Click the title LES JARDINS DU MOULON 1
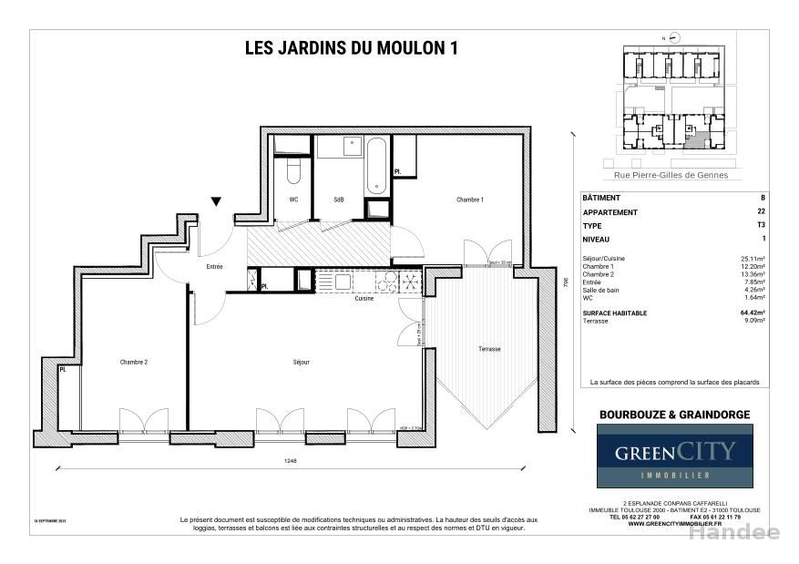click(x=351, y=50)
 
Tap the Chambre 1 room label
click(x=470, y=200)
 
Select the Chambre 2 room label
click(x=133, y=362)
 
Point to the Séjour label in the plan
click(x=302, y=362)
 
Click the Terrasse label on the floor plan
click(x=489, y=349)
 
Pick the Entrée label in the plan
click(x=214, y=267)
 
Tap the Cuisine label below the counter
click(x=364, y=299)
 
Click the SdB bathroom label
click(x=338, y=200)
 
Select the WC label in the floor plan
click(x=293, y=200)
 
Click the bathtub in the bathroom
click(x=376, y=166)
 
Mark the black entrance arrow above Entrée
click(x=215, y=201)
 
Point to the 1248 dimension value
click(x=290, y=461)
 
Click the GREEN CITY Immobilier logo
click(x=674, y=456)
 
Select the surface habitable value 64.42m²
click(x=753, y=313)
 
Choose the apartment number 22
click(x=761, y=212)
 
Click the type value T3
click(x=761, y=225)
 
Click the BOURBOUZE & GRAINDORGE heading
click(x=674, y=415)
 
